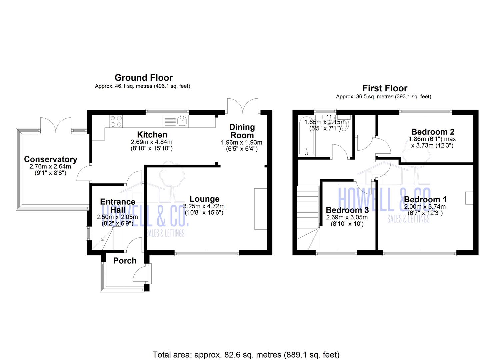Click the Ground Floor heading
tap(144, 78)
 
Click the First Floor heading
tap(385, 88)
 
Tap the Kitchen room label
tap(152, 135)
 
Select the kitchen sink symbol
tap(182, 121)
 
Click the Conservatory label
tap(50, 159)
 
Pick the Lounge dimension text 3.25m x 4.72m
tap(204, 206)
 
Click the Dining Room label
tap(242, 131)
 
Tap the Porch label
tap(125, 261)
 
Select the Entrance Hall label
tap(118, 206)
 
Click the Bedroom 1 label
tap(425, 199)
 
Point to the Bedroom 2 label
tap(432, 132)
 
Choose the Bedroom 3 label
tap(347, 210)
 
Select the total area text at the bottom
tap(246, 354)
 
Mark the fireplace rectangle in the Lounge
tap(260, 209)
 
